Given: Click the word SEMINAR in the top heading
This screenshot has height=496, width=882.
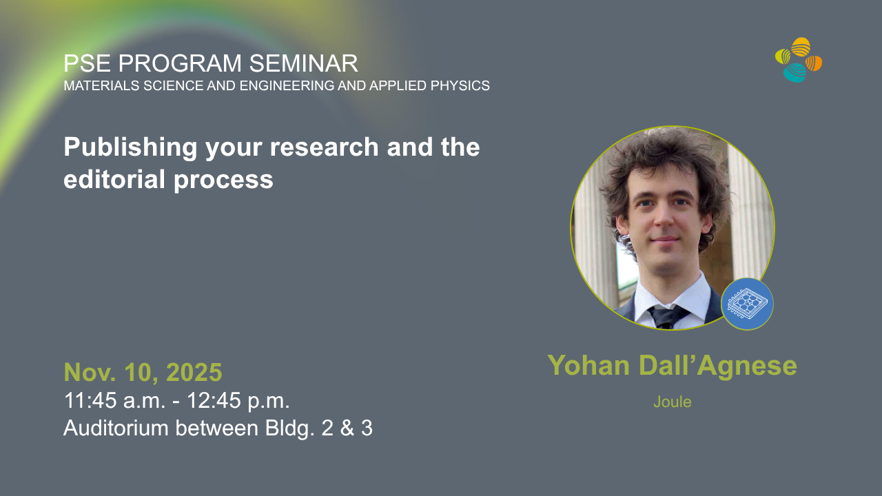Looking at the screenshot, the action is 304,63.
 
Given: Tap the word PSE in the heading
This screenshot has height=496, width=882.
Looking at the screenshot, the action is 87,63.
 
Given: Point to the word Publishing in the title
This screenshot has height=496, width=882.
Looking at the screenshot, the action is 130,148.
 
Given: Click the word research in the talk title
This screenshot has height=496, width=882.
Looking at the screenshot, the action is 324,147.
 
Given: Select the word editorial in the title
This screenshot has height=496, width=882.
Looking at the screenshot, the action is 114,179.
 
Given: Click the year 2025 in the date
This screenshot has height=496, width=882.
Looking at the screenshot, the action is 194,372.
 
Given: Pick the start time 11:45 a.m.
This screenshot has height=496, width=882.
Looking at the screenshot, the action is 114,400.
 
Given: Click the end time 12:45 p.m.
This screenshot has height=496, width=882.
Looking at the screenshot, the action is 238,400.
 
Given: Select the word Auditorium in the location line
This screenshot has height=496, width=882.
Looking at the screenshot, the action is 116,428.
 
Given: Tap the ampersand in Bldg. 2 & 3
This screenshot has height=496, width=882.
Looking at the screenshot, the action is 347,428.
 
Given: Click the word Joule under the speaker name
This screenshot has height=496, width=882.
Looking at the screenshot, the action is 672,402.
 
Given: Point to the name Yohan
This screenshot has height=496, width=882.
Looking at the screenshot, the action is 588,366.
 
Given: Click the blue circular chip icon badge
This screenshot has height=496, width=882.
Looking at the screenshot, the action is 747,304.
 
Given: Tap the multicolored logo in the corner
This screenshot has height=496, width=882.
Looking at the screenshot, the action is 799,60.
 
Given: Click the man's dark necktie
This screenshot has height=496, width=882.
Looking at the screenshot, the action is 668,317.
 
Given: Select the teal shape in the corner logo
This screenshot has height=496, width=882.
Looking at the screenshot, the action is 794,73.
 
